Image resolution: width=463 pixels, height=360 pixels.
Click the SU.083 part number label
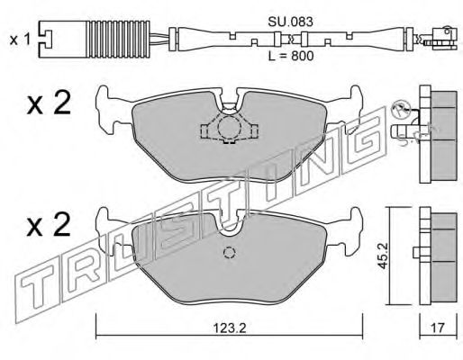click(x=290, y=22)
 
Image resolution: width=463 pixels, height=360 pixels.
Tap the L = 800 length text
click(x=291, y=56)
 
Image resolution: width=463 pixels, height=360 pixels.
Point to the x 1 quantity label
click(x=20, y=40)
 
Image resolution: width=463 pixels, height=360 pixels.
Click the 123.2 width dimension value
click(x=230, y=328)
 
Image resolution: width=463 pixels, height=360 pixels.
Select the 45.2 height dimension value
click(x=384, y=256)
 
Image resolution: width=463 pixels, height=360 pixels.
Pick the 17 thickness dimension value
click(x=438, y=328)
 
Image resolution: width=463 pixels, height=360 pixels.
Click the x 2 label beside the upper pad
click(x=49, y=103)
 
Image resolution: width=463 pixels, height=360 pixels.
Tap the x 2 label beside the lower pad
click(x=49, y=225)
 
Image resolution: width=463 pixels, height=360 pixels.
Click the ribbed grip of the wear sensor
click(x=118, y=40)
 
